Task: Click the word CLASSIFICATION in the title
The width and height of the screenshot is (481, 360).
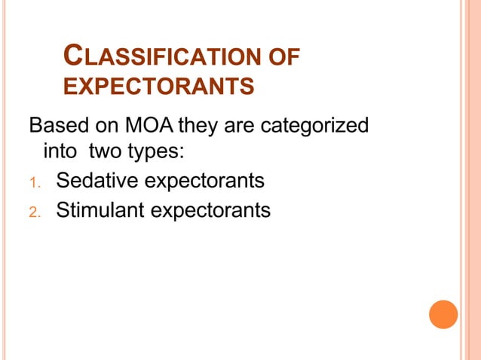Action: click(161, 56)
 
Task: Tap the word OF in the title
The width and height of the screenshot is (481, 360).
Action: click(283, 56)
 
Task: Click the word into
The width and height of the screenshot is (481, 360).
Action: click(61, 151)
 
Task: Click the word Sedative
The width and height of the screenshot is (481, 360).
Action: click(96, 181)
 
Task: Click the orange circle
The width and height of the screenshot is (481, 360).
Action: click(443, 314)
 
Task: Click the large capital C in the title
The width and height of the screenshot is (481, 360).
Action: click(74, 54)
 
